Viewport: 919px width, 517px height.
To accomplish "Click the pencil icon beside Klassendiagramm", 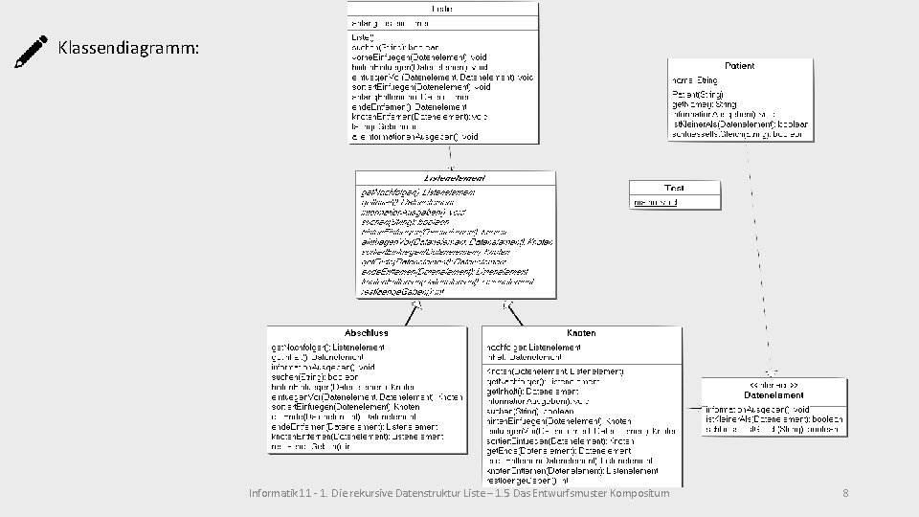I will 32,50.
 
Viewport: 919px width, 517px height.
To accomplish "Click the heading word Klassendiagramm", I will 128,47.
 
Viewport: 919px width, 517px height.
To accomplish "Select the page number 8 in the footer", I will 845,494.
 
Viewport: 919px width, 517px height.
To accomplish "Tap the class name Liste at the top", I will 442,9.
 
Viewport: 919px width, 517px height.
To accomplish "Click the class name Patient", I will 739,66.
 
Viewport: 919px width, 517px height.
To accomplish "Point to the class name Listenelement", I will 455,178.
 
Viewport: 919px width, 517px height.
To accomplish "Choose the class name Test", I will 673,188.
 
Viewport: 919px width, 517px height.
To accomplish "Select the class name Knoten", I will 581,332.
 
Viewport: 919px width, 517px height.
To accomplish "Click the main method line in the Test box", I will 657,202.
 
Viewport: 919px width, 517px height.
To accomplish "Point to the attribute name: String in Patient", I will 695,80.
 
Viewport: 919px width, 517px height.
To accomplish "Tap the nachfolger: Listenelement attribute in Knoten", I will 541,346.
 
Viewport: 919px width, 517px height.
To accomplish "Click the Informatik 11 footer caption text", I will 459,494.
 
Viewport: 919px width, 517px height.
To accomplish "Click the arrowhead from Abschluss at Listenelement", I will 416,307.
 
